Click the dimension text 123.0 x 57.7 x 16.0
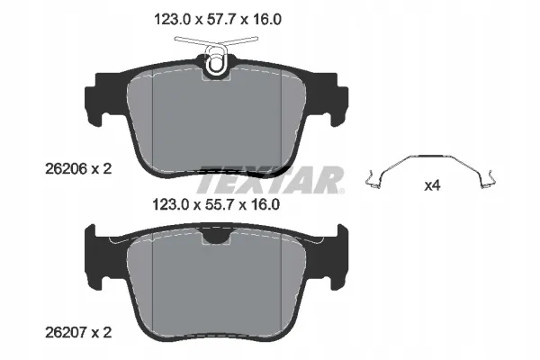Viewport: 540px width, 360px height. [x=218, y=19]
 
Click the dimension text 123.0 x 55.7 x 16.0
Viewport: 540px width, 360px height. [x=216, y=205]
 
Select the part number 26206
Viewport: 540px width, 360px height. [x=66, y=169]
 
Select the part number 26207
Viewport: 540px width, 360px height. [x=66, y=333]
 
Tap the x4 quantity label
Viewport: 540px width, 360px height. [x=432, y=186]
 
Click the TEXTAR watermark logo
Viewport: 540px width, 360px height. [x=270, y=180]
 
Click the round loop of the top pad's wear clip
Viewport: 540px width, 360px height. [x=216, y=63]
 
